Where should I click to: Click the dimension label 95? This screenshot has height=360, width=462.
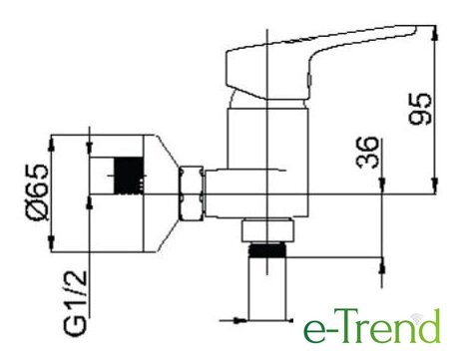click(420, 109)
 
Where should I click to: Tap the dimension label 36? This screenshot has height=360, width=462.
click(367, 152)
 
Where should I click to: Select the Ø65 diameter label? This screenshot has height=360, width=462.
click(37, 192)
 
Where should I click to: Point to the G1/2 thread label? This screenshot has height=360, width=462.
click(75, 302)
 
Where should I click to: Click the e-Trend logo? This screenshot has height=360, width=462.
click(372, 326)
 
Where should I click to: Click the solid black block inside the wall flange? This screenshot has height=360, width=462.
click(129, 176)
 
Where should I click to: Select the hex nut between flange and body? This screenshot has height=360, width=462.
click(191, 193)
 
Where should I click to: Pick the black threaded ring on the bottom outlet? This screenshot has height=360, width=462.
click(267, 250)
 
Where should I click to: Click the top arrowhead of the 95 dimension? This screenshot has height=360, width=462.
click(434, 33)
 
